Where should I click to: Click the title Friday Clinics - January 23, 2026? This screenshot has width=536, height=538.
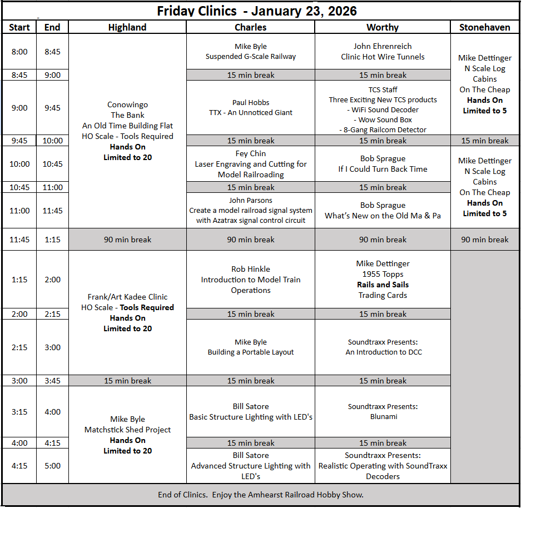(256, 11)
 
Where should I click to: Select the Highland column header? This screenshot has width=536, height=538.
(127, 27)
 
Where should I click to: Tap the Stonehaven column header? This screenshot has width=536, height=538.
(485, 27)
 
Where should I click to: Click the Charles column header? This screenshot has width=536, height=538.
(250, 27)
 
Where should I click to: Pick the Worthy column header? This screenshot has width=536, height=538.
(383, 27)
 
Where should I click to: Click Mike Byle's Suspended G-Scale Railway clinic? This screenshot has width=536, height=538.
(250, 51)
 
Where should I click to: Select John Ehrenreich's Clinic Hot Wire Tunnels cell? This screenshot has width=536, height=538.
(383, 51)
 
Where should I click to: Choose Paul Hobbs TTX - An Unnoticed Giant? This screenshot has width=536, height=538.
(250, 107)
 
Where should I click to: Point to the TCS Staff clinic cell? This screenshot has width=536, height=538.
(383, 109)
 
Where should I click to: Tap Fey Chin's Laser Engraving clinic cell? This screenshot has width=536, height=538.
(250, 164)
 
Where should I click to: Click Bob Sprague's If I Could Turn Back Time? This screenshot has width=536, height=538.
(383, 164)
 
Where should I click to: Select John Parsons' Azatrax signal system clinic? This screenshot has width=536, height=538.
(250, 210)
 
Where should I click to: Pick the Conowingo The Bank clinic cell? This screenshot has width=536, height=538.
(127, 131)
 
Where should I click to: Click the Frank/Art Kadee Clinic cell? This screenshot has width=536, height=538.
(127, 312)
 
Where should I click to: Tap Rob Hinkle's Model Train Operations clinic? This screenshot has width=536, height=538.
(250, 280)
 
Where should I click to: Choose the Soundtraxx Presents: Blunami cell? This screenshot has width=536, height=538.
(383, 411)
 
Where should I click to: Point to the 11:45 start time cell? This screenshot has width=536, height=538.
(19, 240)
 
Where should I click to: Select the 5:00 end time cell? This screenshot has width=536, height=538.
(52, 466)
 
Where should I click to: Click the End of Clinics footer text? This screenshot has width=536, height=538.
(261, 495)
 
